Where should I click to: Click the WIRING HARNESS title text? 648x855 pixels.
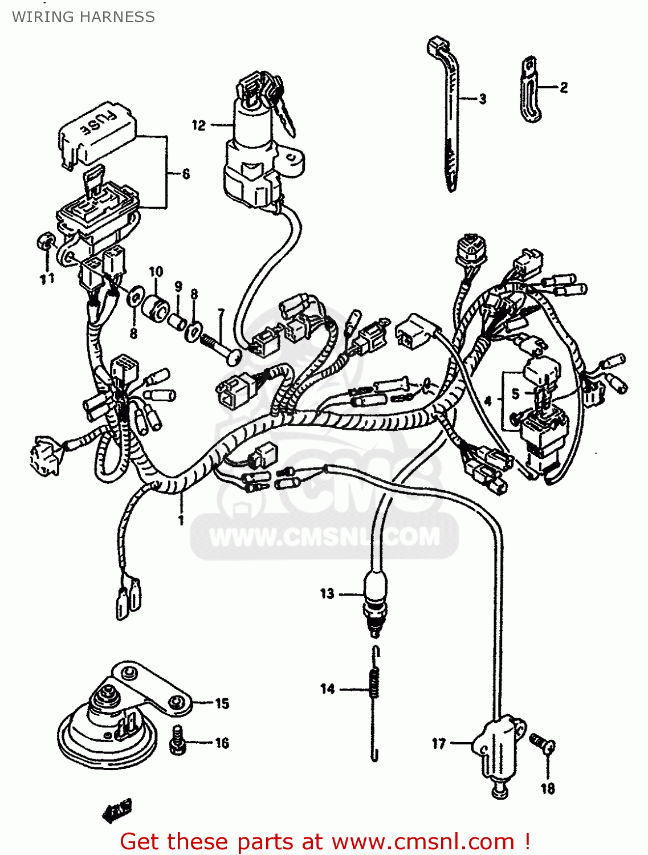point(83,17)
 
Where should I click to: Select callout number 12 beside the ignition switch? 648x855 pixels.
point(198,125)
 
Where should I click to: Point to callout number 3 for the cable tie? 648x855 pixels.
point(483,99)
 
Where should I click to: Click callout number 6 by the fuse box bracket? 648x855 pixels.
point(186,174)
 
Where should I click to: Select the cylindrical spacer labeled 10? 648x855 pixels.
point(156,308)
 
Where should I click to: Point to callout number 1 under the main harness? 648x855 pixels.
point(181,520)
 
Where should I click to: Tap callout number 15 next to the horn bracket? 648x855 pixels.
point(222,703)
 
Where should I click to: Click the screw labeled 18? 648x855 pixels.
point(542,743)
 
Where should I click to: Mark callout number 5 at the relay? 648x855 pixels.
point(515,394)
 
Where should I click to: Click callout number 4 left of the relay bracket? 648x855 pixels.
point(488,401)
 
